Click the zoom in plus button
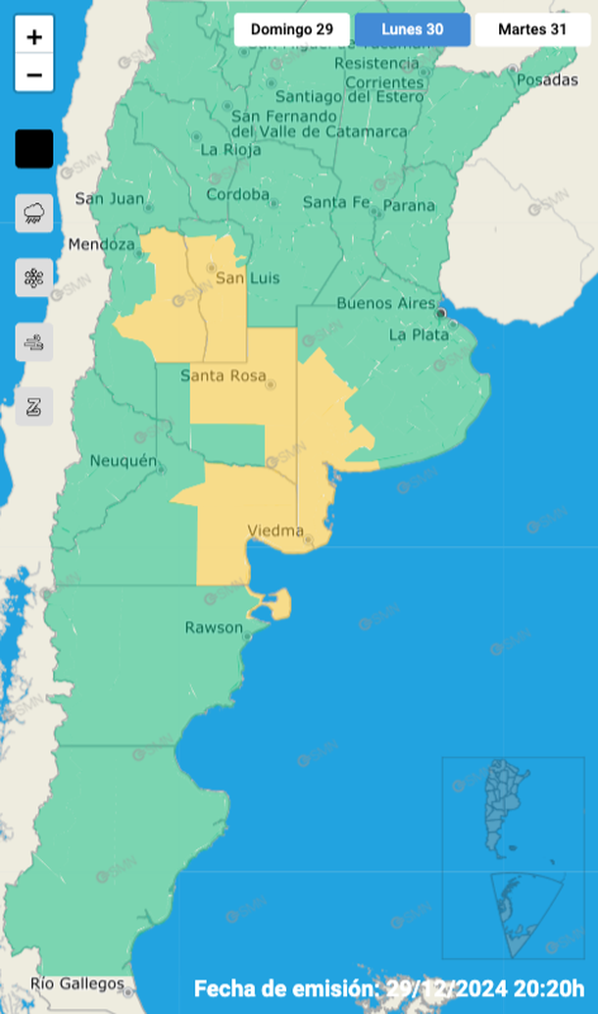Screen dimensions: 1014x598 coord(34,37)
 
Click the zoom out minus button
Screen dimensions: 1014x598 coord(34,74)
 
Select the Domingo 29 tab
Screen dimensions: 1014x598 coord(291,29)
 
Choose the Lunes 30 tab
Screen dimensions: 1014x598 coord(413,29)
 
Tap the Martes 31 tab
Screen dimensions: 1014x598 coord(532,29)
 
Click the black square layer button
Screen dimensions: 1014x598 coord(34,149)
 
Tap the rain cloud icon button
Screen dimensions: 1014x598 coord(34,212)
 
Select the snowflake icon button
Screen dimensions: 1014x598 coord(34,277)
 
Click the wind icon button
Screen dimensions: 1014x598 coord(34,342)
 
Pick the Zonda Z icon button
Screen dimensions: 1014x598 coord(34,406)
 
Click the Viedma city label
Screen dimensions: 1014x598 coord(275,531)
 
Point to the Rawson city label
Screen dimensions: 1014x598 coord(214,628)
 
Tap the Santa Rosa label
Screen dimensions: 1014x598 coord(224,376)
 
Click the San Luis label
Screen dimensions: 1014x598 coord(247,278)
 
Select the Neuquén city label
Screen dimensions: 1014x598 coord(124,461)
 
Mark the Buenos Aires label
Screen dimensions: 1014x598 coord(385,303)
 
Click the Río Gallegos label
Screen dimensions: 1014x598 coord(77,984)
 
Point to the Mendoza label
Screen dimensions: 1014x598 coord(101,244)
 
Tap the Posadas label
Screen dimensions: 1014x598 coord(547,79)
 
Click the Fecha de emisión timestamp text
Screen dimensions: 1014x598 coord(389,987)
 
